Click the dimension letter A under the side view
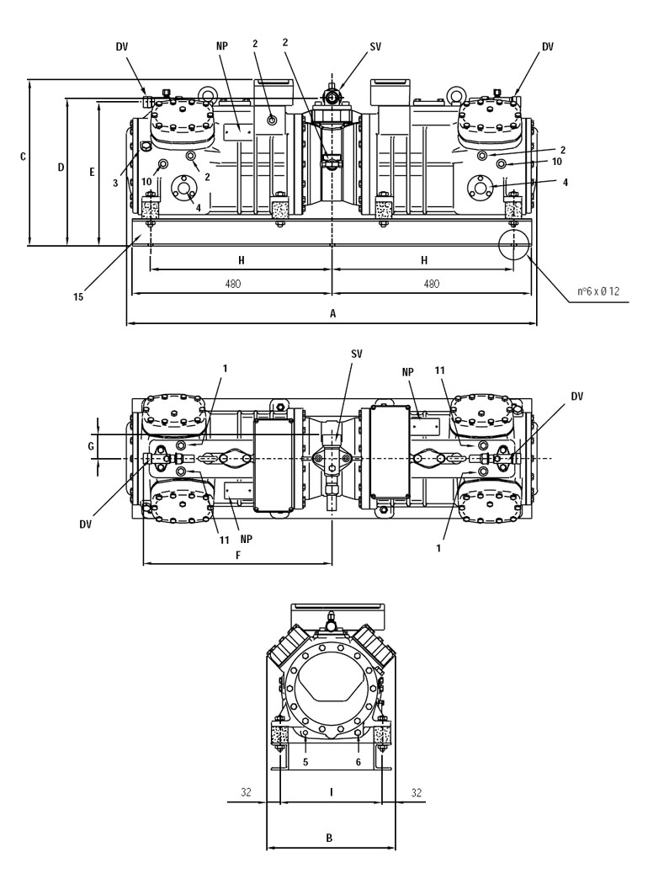click(332, 313)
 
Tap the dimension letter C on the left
click(23, 156)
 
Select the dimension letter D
click(61, 168)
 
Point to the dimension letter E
click(92, 172)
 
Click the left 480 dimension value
click(233, 285)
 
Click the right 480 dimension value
click(431, 285)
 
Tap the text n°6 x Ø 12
click(598, 291)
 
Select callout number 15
click(78, 296)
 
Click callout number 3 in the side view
click(115, 184)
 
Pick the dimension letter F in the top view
click(238, 556)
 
